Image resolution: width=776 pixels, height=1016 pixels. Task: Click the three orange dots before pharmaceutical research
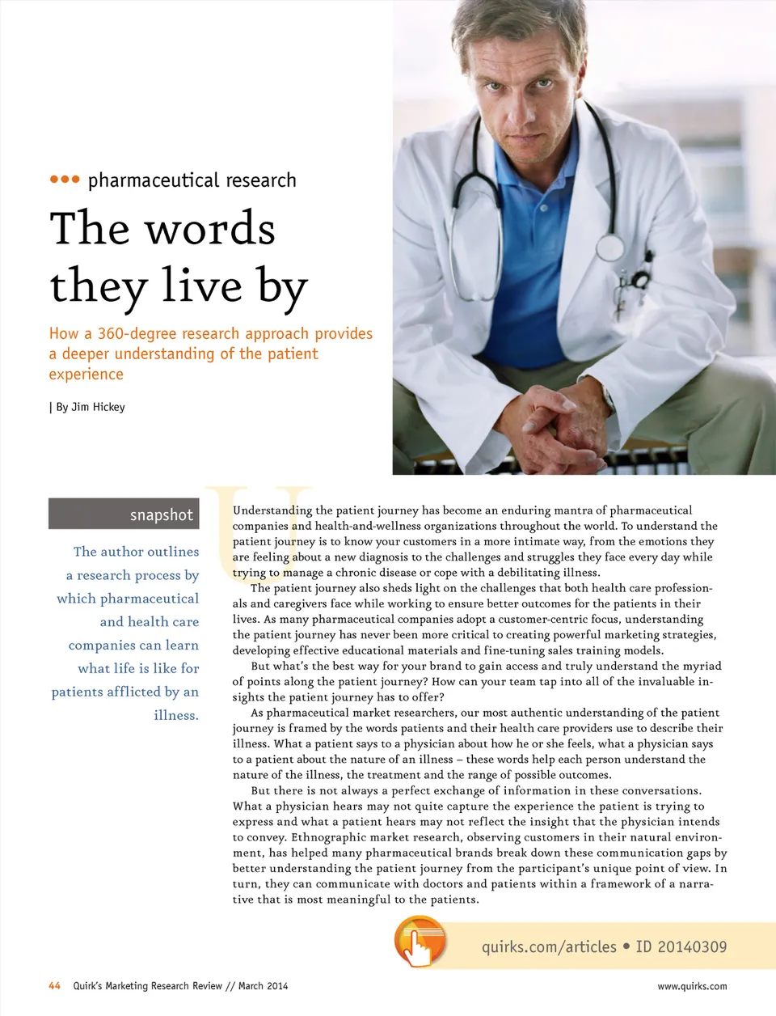click(65, 180)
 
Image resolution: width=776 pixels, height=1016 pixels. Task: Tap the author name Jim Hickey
click(98, 407)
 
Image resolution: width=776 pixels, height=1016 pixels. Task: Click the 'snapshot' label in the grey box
click(161, 514)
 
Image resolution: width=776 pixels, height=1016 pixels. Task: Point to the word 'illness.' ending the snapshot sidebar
click(176, 715)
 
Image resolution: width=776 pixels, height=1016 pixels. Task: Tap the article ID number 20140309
click(692, 946)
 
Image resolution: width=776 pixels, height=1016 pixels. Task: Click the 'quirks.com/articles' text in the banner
click(549, 946)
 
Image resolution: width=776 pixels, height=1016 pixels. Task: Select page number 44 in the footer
click(55, 986)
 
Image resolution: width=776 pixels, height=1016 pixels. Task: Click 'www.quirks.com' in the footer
click(692, 986)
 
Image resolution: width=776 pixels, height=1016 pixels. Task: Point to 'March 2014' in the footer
click(263, 986)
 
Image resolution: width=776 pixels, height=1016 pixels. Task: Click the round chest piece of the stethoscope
click(609, 247)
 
